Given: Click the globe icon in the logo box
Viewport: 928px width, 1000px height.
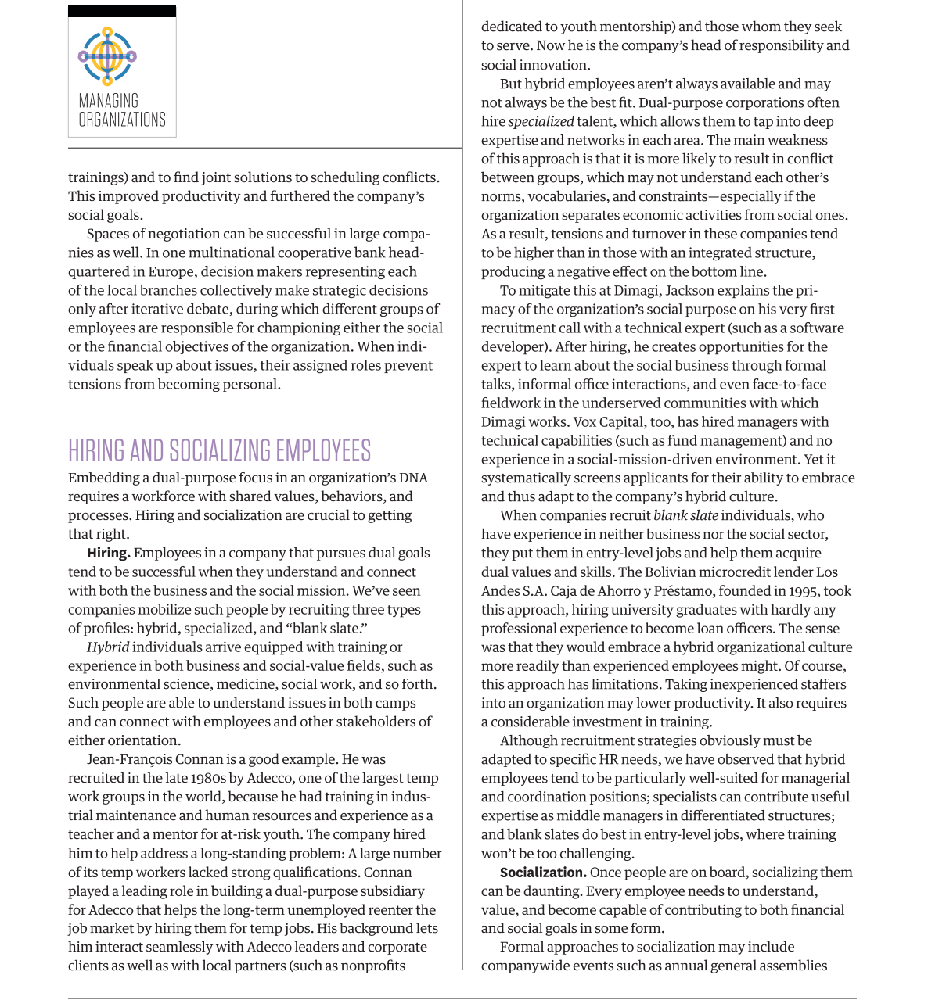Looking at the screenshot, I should pos(107,56).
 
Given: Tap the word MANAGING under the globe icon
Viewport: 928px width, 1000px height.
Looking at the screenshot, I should pos(108,101).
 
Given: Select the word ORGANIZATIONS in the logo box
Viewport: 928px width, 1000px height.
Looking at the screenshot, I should pos(122,120).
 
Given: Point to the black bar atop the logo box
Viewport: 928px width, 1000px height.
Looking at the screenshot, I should pos(122,12).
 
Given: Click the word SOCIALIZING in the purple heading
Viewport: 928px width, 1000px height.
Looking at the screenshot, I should pos(220,451).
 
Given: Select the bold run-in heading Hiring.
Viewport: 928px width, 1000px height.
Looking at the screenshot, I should pos(108,553).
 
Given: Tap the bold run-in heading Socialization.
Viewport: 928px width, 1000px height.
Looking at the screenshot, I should pos(543,872).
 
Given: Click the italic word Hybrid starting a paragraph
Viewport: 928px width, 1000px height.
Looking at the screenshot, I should pos(108,647).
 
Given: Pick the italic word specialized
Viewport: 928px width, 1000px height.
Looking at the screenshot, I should pos(541,121).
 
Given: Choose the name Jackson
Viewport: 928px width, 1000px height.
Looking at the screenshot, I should pos(690,290).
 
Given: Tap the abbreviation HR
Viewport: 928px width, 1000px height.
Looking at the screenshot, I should pos(609,759).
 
